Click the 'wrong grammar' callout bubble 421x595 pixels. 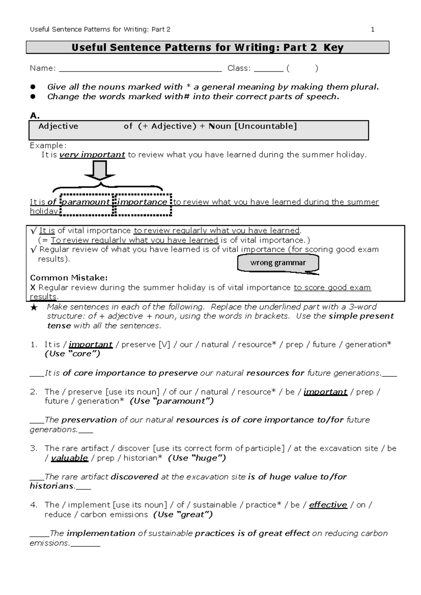click(x=278, y=263)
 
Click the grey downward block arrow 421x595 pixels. click(x=100, y=171)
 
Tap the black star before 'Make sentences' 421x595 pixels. click(x=34, y=308)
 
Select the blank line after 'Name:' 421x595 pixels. click(x=140, y=69)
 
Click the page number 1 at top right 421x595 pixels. click(x=373, y=29)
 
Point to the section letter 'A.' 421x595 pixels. click(x=35, y=115)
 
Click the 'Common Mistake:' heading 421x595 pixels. click(x=69, y=278)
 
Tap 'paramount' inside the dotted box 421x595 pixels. click(x=86, y=202)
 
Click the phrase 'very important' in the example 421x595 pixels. click(x=92, y=155)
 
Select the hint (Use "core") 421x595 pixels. click(x=73, y=354)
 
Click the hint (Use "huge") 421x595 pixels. click(x=197, y=458)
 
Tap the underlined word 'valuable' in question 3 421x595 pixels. click(x=69, y=458)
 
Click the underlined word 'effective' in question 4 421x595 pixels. click(x=328, y=505)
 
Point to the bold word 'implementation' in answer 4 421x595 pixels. click(x=101, y=533)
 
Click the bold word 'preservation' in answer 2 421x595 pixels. click(x=89, y=420)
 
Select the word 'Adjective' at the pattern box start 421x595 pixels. click(x=58, y=126)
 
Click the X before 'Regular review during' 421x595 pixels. click(x=33, y=288)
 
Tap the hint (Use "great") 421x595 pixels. click(x=183, y=515)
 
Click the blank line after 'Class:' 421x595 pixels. click(x=268, y=69)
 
